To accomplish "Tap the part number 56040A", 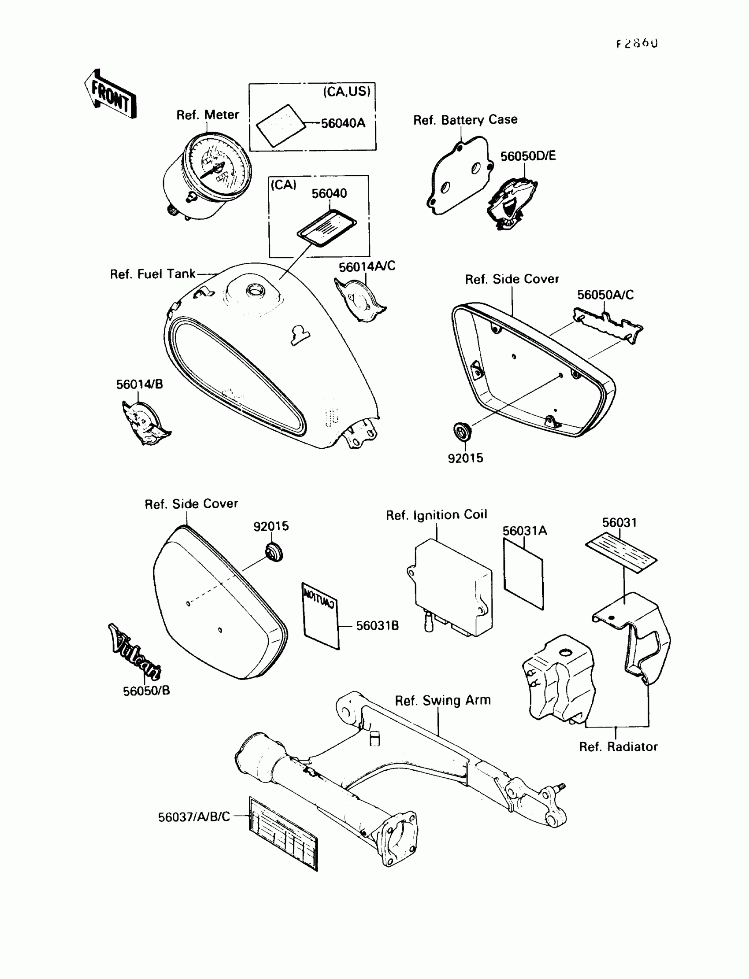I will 343,123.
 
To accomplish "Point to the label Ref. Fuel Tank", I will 152,274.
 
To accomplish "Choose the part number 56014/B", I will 140,384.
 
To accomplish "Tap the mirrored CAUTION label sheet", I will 321,616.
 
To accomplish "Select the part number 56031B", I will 377,626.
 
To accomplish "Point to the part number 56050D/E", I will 528,156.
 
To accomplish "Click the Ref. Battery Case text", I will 465,120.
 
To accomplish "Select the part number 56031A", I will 524,531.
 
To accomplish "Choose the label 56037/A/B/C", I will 194,817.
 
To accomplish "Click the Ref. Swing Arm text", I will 442,701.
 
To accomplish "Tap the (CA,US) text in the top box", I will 346,92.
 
